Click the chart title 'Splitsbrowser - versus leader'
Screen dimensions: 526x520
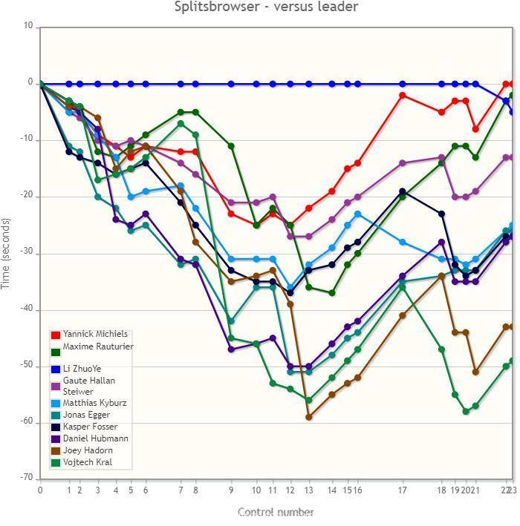pos(266,7)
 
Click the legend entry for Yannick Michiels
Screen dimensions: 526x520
pos(94,334)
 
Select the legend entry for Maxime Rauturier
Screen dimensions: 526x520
pos(97,346)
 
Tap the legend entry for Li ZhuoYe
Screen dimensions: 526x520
pos(82,369)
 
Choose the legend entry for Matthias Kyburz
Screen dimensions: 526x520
pos(94,403)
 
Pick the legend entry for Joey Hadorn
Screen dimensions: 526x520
pos(88,450)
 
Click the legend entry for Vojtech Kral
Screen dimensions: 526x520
pos(88,462)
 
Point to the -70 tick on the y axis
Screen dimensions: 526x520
pos(27,479)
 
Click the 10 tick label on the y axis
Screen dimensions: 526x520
pos(28,26)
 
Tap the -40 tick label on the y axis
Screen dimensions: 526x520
pos(27,309)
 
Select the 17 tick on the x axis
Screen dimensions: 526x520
pos(403,490)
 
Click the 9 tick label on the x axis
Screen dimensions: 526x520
pos(231,490)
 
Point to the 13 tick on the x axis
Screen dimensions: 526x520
pos(308,490)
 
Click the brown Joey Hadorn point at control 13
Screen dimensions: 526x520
pos(308,417)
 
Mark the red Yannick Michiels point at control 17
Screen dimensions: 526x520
pos(403,95)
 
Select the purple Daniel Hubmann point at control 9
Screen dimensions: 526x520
pos(231,349)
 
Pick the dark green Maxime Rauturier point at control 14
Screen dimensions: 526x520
pos(332,293)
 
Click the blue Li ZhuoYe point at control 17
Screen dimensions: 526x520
pos(403,84)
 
